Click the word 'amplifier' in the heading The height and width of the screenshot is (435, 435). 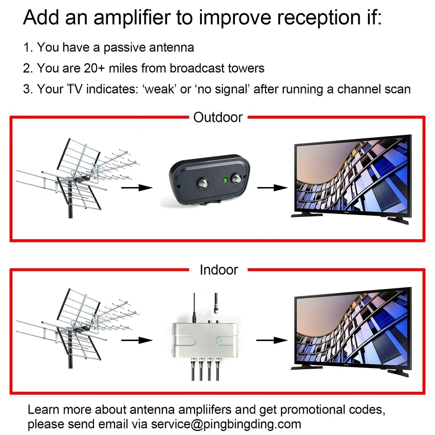132,18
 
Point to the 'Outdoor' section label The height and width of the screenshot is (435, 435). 218,117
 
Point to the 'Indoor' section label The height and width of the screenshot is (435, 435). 219,270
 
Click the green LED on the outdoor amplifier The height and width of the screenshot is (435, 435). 225,180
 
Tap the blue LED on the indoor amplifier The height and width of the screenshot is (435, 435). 221,341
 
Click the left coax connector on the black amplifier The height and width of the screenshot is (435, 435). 203,184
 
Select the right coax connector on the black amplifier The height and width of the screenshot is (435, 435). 237,178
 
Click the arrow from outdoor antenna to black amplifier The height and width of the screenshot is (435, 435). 137,188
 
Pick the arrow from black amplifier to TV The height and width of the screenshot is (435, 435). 272,188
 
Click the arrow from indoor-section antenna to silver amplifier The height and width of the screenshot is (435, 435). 137,340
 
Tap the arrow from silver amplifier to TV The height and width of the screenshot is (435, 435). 272,340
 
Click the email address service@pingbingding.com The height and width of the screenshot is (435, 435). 226,424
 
